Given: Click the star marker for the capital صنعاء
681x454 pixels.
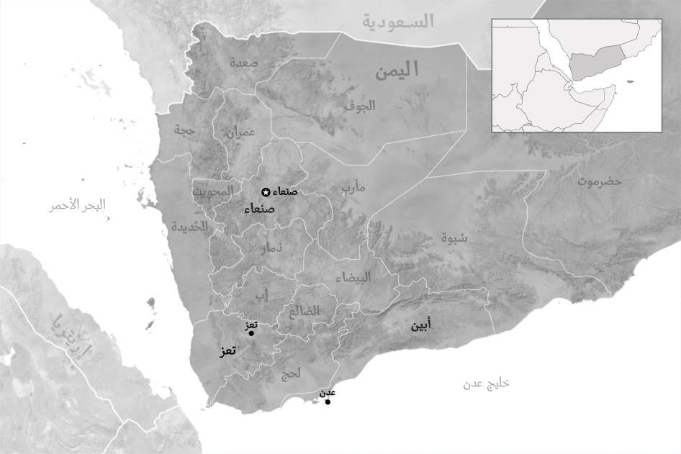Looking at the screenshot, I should click(x=266, y=191).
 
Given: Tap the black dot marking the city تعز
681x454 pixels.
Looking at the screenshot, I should click(x=251, y=333).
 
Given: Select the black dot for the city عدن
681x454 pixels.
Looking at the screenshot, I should click(x=328, y=401).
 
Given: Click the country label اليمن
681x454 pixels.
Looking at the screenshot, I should click(x=397, y=70).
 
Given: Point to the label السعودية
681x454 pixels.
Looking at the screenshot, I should click(x=398, y=22).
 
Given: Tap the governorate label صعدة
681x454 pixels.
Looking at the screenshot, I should click(x=244, y=63).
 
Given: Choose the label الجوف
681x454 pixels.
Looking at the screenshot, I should click(x=359, y=105).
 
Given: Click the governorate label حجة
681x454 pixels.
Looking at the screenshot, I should click(x=185, y=130).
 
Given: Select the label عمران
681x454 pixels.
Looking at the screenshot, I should click(x=240, y=132).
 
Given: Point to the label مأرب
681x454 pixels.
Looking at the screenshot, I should click(x=353, y=188).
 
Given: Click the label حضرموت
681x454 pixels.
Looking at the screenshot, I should click(x=599, y=181).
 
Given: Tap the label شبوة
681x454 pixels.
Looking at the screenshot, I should click(x=454, y=237).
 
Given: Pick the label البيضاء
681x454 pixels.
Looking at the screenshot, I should click(x=353, y=278).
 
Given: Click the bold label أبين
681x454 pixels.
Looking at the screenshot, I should click(x=422, y=326).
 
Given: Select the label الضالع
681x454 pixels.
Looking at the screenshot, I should click(x=305, y=312).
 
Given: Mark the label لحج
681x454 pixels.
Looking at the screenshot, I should click(x=290, y=373).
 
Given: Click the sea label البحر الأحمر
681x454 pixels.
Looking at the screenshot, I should click(x=76, y=205).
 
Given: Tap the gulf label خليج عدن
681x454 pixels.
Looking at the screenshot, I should click(x=486, y=383).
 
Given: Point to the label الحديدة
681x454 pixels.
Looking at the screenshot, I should click(x=189, y=226).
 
